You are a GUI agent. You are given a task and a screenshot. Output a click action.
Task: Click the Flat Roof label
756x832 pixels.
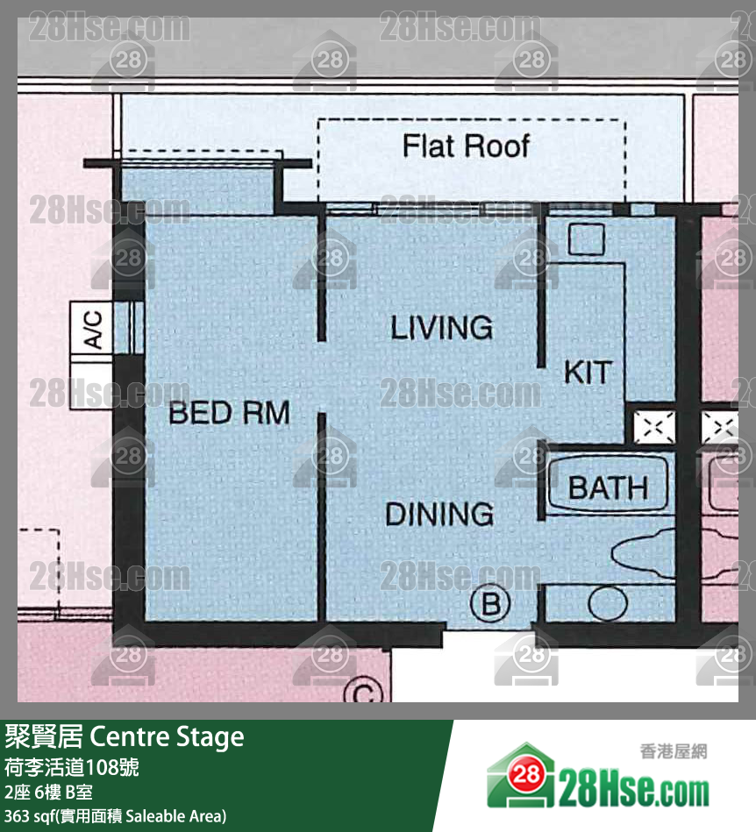[466, 146]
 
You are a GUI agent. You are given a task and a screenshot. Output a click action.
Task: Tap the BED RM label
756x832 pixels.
[229, 412]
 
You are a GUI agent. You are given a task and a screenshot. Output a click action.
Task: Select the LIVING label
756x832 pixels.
[441, 328]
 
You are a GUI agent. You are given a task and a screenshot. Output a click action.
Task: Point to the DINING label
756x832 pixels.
[439, 514]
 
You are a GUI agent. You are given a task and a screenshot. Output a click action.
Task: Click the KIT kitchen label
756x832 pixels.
[587, 372]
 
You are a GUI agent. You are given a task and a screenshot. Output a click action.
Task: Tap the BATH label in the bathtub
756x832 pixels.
[608, 487]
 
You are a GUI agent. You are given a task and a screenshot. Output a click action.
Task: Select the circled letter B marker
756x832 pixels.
[491, 603]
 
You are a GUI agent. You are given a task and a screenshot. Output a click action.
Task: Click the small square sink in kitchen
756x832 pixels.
[585, 239]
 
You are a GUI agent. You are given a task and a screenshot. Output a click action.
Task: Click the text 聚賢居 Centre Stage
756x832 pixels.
[125, 736]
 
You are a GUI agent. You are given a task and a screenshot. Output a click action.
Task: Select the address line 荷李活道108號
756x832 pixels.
[71, 767]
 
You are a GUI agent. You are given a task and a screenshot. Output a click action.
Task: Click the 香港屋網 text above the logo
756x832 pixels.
[674, 751]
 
